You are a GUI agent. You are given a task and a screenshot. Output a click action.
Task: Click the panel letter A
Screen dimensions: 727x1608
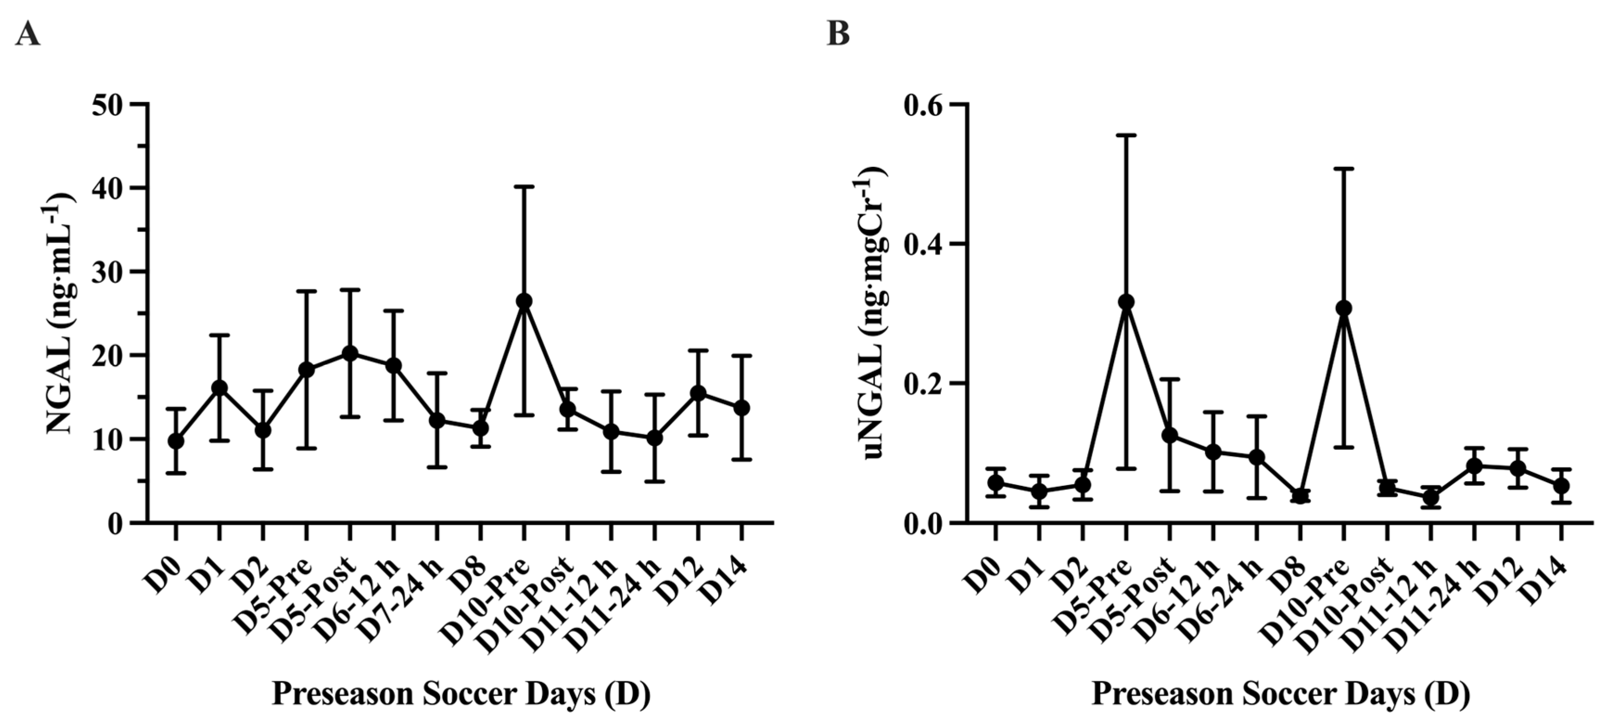click(x=27, y=34)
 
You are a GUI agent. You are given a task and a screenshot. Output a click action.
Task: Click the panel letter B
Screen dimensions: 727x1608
click(x=838, y=34)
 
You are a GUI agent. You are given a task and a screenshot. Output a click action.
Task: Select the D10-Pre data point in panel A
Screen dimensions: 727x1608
click(x=525, y=301)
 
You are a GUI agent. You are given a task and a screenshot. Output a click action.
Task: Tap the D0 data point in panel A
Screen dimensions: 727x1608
click(x=176, y=441)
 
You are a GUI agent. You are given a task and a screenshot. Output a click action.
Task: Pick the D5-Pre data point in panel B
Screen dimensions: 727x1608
click(x=1126, y=302)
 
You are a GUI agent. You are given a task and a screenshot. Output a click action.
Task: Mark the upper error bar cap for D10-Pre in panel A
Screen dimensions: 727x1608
click(x=525, y=186)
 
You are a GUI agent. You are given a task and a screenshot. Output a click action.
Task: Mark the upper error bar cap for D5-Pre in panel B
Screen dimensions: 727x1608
click(x=1126, y=135)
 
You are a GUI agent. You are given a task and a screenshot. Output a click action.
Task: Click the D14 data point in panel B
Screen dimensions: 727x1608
click(x=1561, y=485)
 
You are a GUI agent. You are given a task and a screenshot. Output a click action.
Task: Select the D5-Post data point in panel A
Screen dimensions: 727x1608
click(x=350, y=353)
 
